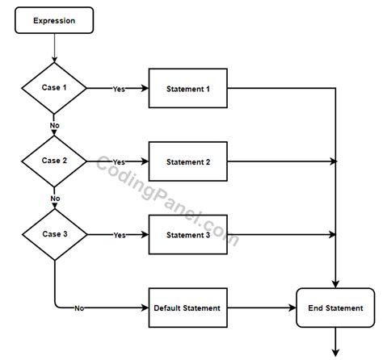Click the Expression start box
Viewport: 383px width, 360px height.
[54, 21]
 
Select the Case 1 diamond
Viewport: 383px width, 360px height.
[54, 87]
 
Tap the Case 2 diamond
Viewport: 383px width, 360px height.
[54, 161]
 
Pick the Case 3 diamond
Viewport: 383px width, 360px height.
[54, 235]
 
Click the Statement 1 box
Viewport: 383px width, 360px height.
[187, 88]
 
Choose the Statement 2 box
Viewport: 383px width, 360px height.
[187, 161]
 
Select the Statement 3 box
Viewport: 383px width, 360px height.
[187, 235]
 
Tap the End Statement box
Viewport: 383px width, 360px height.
[335, 308]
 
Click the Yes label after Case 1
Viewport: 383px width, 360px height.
[119, 88]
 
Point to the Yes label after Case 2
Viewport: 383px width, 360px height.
[119, 161]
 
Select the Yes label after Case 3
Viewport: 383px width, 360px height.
[119, 235]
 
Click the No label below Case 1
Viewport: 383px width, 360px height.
[55, 125]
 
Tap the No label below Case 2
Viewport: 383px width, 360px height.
[55, 199]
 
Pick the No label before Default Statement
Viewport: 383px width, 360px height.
[80, 308]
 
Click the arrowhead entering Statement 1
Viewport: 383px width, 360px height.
[145, 88]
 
